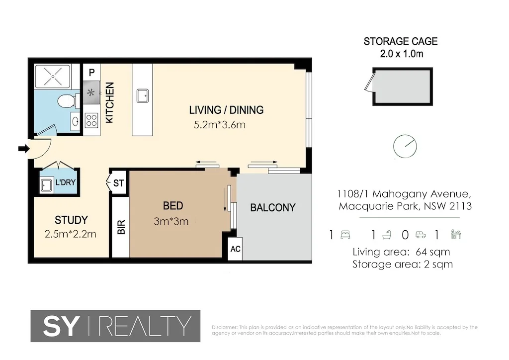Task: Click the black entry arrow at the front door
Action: click(23, 148)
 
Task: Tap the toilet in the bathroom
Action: click(66, 101)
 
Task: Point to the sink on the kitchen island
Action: click(142, 94)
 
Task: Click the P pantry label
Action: click(91, 73)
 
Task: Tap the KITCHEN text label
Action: click(109, 103)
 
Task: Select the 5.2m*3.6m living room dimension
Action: click(219, 125)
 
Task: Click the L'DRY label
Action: click(65, 183)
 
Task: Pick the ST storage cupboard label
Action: click(118, 183)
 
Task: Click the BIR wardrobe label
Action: click(120, 227)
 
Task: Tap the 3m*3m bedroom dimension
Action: click(171, 221)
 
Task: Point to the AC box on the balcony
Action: click(235, 249)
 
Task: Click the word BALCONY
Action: click(272, 208)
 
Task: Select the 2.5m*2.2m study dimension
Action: click(71, 234)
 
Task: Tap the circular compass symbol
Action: click(405, 146)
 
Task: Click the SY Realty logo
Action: click(115, 326)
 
